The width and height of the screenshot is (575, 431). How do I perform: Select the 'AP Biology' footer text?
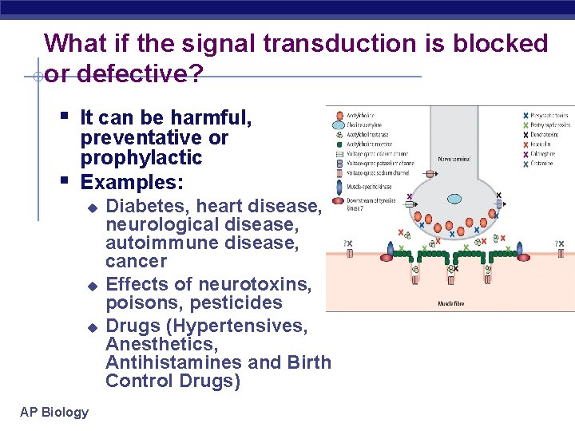(54, 412)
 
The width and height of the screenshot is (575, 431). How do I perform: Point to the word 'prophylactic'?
(141, 158)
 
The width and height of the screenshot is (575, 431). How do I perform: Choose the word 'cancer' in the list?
(137, 261)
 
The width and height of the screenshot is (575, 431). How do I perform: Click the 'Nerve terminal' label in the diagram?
(452, 159)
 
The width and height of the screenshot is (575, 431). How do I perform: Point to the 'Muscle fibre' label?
(452, 304)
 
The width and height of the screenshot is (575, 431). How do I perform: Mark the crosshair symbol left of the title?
(38, 77)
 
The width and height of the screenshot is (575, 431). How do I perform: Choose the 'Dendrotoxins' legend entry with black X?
(547, 135)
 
